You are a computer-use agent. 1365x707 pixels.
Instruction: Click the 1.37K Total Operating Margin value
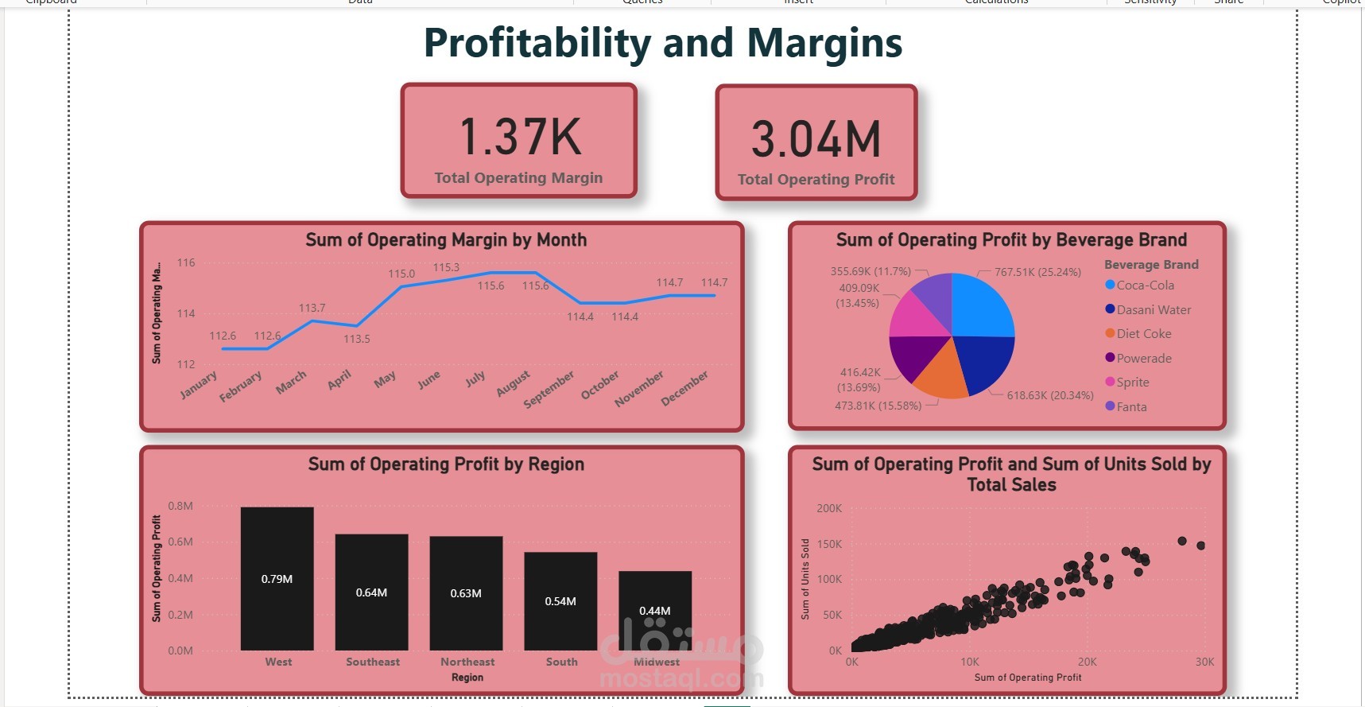(x=521, y=137)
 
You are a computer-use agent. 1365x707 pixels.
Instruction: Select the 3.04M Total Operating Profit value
(x=816, y=139)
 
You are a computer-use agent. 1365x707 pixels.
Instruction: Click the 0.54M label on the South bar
(x=560, y=601)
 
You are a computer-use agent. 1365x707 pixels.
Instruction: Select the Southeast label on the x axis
(x=373, y=662)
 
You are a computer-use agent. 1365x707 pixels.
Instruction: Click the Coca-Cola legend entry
(x=1145, y=285)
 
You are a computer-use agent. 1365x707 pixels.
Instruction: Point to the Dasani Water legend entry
(x=1153, y=309)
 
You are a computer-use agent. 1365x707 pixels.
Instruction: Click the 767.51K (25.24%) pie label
(x=1037, y=272)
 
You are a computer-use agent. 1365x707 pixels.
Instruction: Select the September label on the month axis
(x=549, y=390)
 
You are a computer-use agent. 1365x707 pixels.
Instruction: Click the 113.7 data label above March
(x=312, y=308)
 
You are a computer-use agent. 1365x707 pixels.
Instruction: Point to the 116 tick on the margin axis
(x=186, y=262)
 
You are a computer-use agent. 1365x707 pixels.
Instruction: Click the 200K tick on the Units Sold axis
(x=829, y=508)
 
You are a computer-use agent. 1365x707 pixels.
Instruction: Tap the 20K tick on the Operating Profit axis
(x=1087, y=662)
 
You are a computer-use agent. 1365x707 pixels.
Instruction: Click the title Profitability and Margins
(x=663, y=43)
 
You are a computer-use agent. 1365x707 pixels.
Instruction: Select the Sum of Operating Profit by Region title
(x=446, y=464)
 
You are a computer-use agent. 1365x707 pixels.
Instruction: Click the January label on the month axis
(x=198, y=385)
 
